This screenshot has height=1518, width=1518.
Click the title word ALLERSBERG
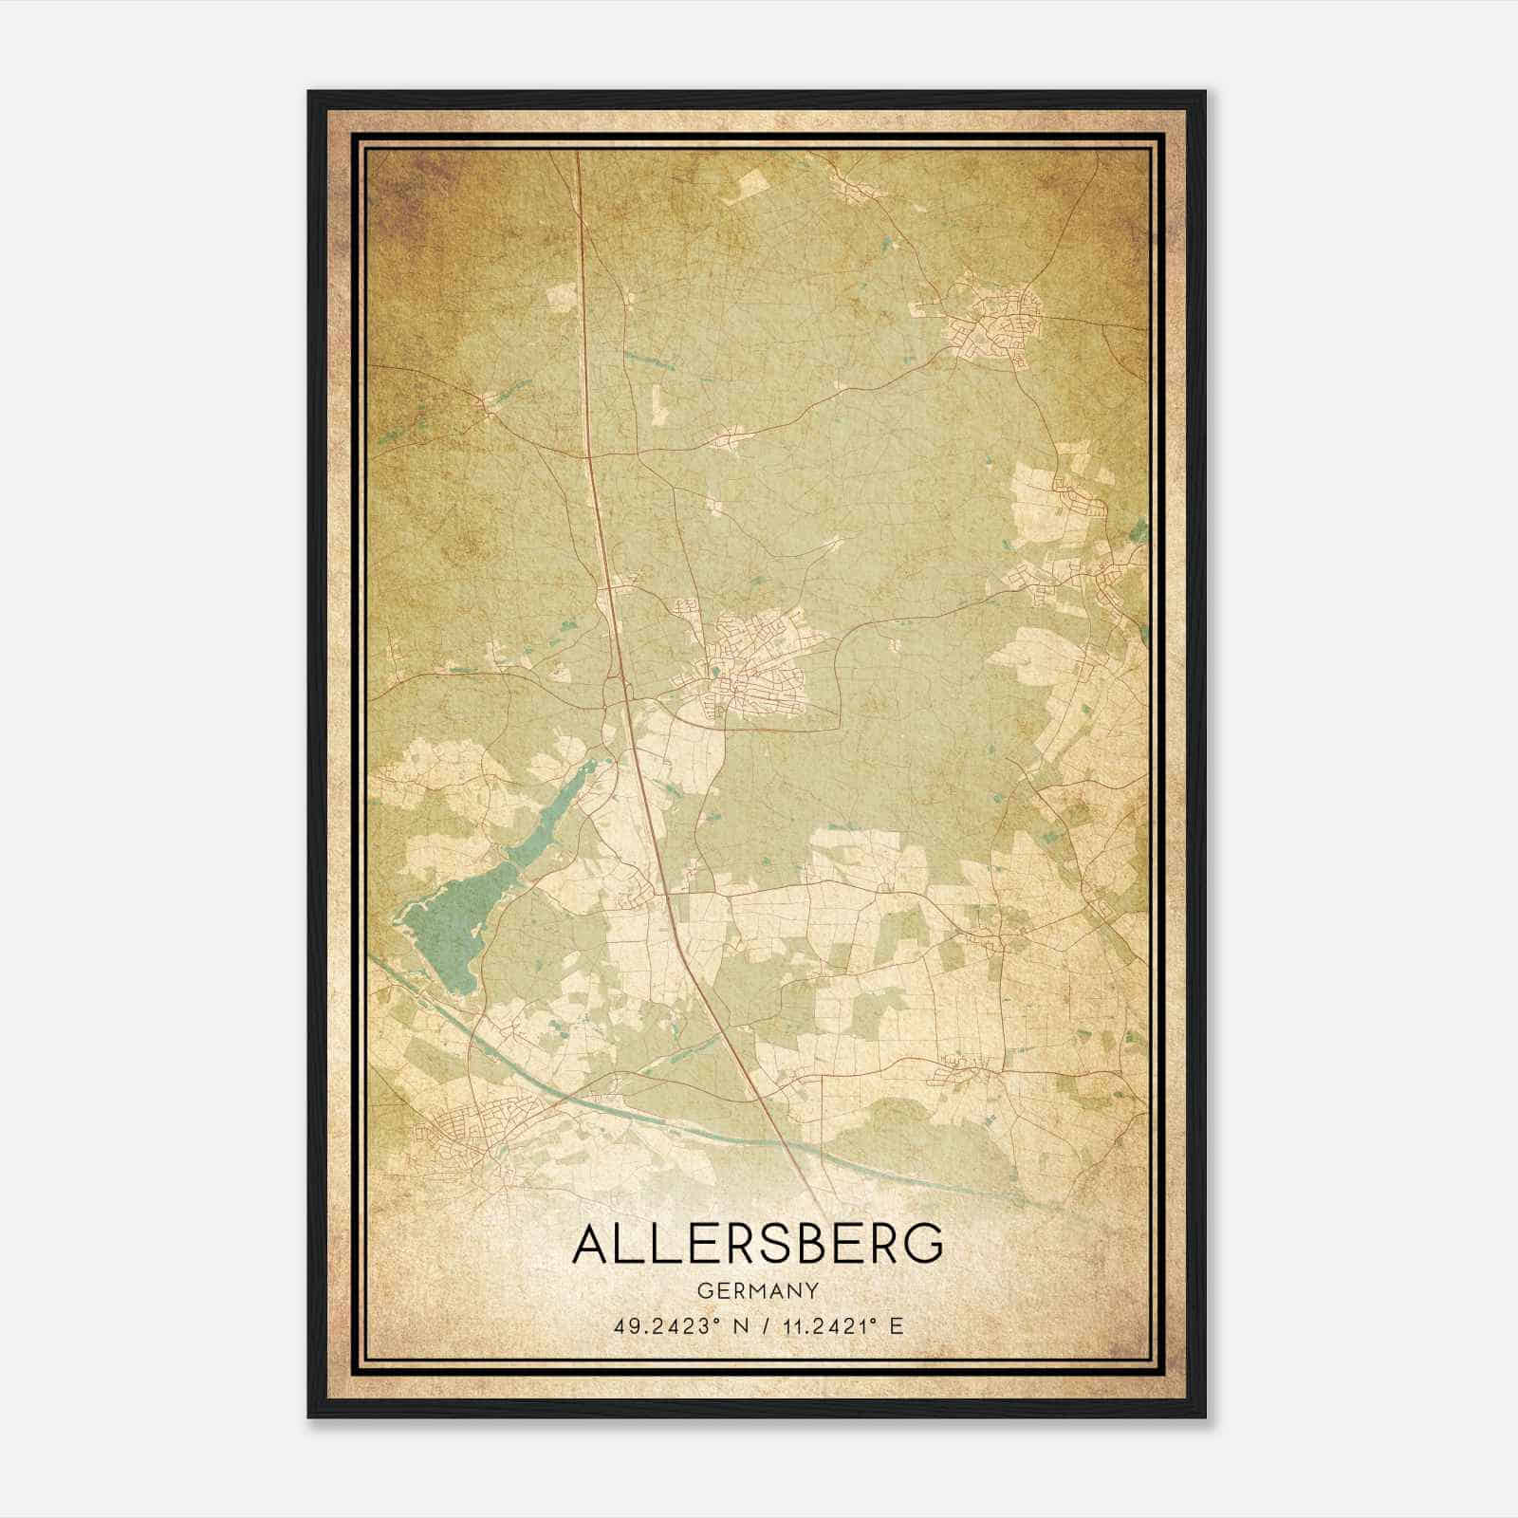click(758, 1244)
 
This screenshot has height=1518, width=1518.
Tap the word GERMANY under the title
click(758, 1291)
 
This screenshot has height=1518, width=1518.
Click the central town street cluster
click(754, 664)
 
